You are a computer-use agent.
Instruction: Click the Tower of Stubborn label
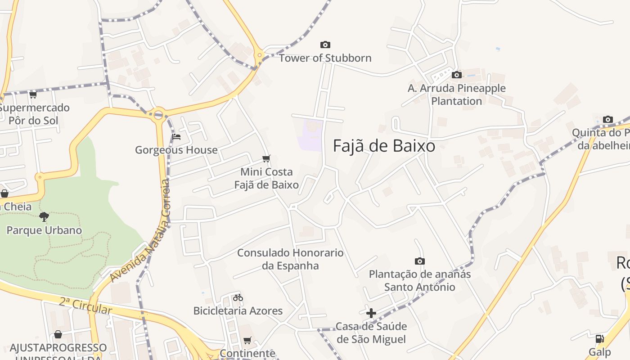[325, 58]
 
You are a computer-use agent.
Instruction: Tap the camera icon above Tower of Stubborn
[325, 45]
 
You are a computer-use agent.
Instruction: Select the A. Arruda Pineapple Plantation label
[456, 94]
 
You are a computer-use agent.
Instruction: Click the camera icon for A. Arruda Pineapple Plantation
[456, 75]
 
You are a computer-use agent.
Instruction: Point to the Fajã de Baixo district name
[384, 146]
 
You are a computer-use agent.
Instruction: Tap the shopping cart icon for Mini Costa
[266, 158]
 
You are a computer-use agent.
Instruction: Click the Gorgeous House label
[176, 150]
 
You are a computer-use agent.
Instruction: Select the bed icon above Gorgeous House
[176, 137]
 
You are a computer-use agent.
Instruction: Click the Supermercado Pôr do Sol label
[34, 114]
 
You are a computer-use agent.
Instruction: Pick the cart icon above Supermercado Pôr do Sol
[33, 94]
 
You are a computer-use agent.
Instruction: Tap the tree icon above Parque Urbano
[44, 217]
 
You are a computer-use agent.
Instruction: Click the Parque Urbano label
[44, 230]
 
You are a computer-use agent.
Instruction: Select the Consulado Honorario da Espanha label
[290, 259]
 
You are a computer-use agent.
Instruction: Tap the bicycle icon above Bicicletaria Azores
[238, 297]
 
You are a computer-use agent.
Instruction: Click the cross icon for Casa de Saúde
[371, 313]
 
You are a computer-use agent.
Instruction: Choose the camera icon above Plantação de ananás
[419, 261]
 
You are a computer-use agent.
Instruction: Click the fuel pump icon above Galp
[599, 339]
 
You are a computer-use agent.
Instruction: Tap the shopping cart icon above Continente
[247, 340]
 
